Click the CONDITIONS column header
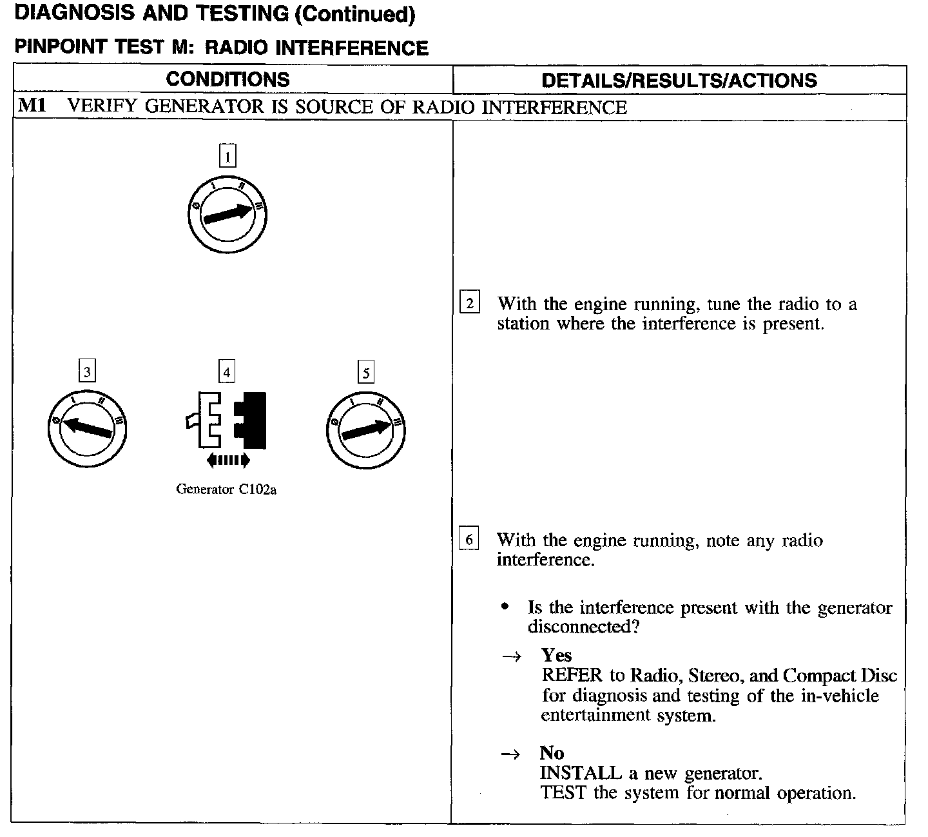tap(227, 79)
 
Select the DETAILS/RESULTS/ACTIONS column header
tap(679, 80)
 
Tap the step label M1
tap(32, 106)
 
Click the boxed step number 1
tap(227, 156)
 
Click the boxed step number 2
tap(469, 302)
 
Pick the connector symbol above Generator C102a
tap(227, 420)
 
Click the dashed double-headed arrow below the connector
tap(227, 460)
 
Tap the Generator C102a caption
tap(226, 489)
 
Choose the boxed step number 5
tap(366, 373)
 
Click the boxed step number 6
tap(469, 539)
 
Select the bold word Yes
tap(556, 655)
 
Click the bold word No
tap(552, 753)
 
